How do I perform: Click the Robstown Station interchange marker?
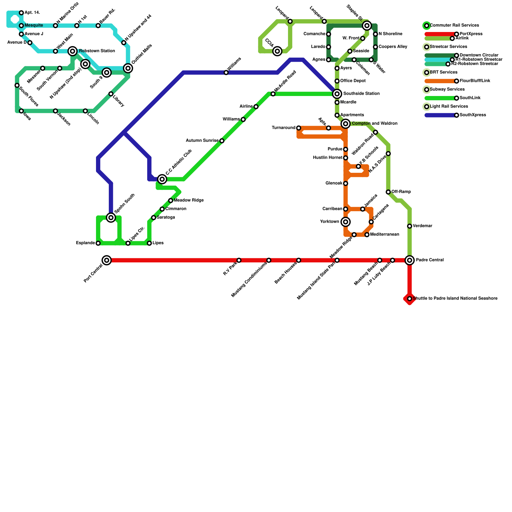(x=73, y=51)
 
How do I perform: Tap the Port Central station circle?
(x=107, y=260)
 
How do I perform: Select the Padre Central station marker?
(x=410, y=260)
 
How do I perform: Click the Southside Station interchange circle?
(x=337, y=94)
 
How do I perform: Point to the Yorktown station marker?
(x=346, y=222)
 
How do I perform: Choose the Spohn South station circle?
(x=111, y=218)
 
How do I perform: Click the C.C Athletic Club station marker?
(x=162, y=179)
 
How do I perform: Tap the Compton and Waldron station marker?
(x=346, y=124)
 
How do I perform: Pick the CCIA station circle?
(x=277, y=51)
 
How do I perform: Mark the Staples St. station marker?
(x=367, y=26)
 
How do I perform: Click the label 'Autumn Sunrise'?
(x=202, y=140)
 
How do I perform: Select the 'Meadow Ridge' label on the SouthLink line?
(x=189, y=200)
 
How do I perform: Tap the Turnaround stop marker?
(x=299, y=128)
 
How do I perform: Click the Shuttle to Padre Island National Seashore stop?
(x=410, y=299)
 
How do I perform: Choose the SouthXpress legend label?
(x=473, y=115)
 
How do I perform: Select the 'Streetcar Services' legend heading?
(x=448, y=47)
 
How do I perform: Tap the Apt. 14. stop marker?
(x=21, y=13)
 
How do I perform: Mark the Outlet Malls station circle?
(x=128, y=68)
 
